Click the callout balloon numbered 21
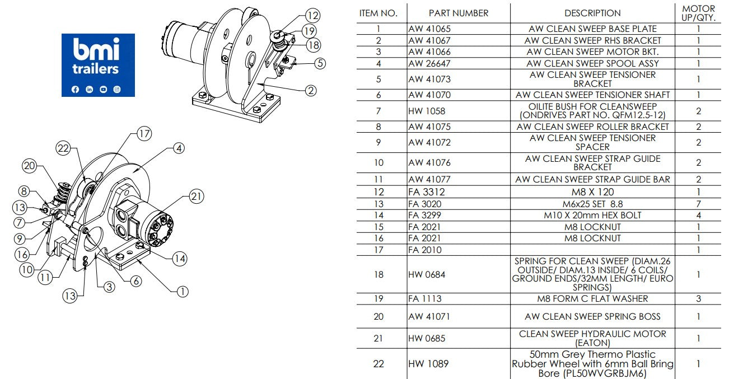tap(196, 196)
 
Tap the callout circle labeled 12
tap(313, 16)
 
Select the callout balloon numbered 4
tap(178, 148)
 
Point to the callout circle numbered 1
tap(183, 291)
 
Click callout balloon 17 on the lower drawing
tap(144, 134)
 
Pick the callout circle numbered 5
tap(320, 63)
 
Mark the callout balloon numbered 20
tap(29, 166)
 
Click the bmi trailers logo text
tap(96, 58)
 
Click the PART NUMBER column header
tap(458, 13)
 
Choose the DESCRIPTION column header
tap(592, 13)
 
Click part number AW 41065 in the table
tap(429, 29)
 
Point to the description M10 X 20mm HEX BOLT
tap(592, 215)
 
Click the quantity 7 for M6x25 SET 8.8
tap(698, 203)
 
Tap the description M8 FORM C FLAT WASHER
tap(592, 298)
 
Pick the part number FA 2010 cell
tap(425, 250)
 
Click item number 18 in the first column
tap(378, 274)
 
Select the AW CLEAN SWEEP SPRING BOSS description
tap(592, 316)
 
